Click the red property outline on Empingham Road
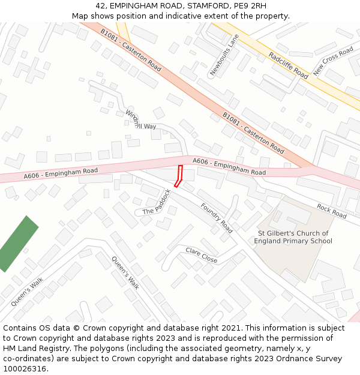click(x=178, y=176)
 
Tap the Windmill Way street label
click(x=140, y=121)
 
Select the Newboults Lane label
click(x=224, y=55)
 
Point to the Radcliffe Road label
click(x=289, y=65)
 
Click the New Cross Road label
click(x=333, y=61)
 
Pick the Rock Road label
click(x=332, y=211)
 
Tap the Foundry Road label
click(x=217, y=218)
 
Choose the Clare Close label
click(x=201, y=255)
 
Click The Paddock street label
click(x=157, y=203)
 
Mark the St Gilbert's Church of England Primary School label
click(x=293, y=237)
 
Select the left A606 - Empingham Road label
click(x=61, y=173)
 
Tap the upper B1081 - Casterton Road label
click(x=130, y=50)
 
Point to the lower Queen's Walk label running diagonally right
click(x=125, y=273)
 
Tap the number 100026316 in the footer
click(x=25, y=368)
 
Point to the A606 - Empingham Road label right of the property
click(x=229, y=167)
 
